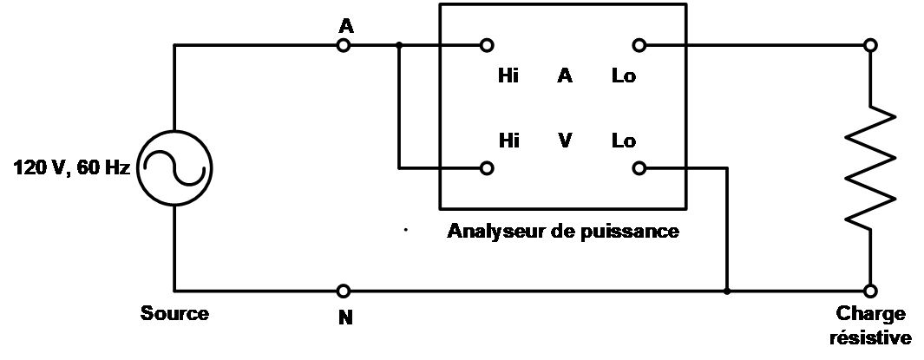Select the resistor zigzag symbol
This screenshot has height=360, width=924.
tap(870, 167)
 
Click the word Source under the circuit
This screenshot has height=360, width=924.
tap(175, 313)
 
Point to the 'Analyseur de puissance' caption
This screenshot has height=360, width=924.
tap(562, 232)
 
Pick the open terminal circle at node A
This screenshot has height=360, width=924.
tap(344, 45)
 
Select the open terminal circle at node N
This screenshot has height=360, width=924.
tap(344, 290)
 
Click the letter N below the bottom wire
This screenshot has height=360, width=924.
tap(345, 317)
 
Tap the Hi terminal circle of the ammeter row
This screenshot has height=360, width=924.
tap(488, 45)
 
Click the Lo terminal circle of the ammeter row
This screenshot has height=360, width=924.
tap(639, 45)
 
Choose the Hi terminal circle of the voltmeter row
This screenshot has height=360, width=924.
tap(488, 167)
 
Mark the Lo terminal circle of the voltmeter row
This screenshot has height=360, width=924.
tap(639, 167)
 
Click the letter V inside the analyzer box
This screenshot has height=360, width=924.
tap(565, 141)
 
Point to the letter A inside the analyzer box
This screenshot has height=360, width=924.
tap(565, 76)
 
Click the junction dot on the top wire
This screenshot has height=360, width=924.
tap(398, 45)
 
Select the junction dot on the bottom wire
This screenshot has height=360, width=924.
tap(726, 290)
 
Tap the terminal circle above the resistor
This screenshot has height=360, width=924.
tap(870, 45)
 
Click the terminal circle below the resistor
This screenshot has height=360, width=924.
tap(870, 290)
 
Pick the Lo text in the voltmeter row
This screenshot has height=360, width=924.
tap(623, 141)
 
